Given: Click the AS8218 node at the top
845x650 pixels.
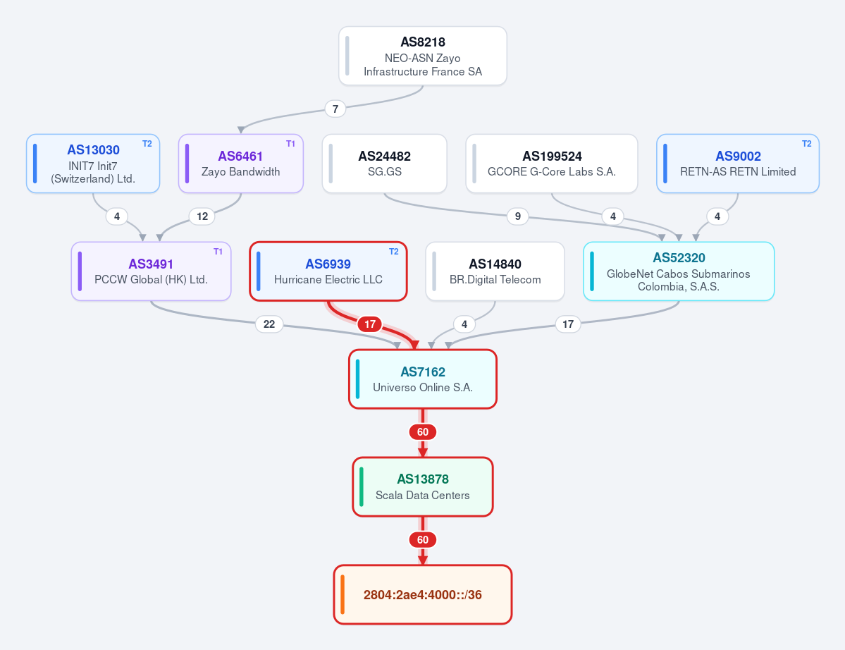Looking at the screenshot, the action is [x=423, y=56].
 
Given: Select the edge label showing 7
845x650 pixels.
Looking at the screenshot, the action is [x=335, y=109].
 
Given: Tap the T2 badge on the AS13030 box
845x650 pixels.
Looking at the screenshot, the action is [x=147, y=144].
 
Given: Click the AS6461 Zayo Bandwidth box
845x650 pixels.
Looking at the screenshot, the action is [x=241, y=164].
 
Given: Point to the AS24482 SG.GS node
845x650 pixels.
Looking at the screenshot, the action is [x=384, y=164].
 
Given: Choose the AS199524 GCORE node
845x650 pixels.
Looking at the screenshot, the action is [x=551, y=164].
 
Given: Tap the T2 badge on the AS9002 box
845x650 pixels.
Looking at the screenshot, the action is [x=807, y=144].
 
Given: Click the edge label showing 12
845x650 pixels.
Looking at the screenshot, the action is [x=202, y=216].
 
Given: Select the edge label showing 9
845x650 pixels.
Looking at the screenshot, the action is [x=518, y=216].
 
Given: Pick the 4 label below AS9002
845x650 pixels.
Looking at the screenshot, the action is [x=717, y=216].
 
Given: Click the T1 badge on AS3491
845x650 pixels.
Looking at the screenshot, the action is [x=218, y=252].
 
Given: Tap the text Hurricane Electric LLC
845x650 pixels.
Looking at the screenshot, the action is [x=328, y=280].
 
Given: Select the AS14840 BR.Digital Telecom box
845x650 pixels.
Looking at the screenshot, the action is [x=495, y=271].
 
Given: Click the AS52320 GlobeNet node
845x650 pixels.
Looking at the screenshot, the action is [x=679, y=271].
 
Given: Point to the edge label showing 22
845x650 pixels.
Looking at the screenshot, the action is [x=269, y=324].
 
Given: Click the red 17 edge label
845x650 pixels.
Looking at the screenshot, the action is [x=370, y=324].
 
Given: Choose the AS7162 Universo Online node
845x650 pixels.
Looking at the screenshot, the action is [x=423, y=379].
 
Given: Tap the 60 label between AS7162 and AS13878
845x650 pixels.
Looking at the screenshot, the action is [x=423, y=432].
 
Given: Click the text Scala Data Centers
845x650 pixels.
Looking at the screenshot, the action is [x=423, y=496].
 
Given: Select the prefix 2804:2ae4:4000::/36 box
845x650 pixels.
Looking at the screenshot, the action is [x=423, y=594].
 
